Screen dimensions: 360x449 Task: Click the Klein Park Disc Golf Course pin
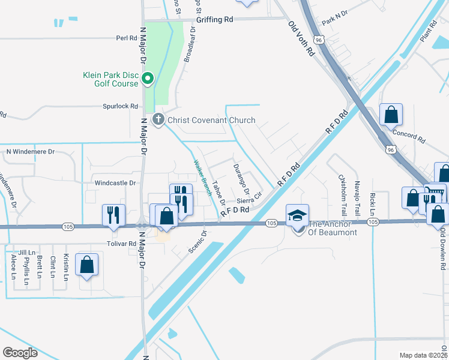pos(148,78)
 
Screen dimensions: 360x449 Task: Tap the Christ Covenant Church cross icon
pos(158,119)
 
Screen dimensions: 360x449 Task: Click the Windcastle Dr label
pos(116,182)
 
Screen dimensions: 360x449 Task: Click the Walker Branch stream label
pos(202,178)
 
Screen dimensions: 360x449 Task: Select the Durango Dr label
pos(241,178)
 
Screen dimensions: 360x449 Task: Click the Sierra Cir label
pos(250,199)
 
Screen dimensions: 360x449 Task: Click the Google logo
pos(20,352)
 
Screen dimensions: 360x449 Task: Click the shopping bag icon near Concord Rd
pos(391,114)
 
